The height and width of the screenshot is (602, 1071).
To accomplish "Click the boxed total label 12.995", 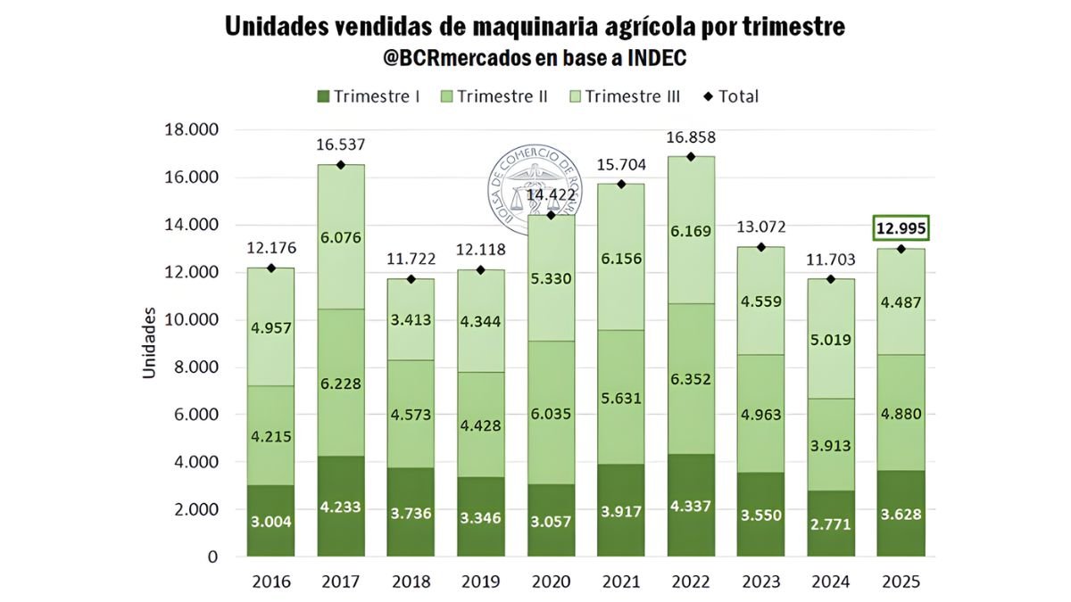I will [x=901, y=229].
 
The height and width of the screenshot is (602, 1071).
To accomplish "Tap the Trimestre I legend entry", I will [x=368, y=96].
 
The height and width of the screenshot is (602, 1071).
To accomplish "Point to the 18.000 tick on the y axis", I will [x=191, y=130].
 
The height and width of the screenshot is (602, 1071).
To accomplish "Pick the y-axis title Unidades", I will [x=149, y=343].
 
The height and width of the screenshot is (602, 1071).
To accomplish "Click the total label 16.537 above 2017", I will [x=341, y=144].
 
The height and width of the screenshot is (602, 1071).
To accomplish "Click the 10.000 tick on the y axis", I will [x=191, y=320].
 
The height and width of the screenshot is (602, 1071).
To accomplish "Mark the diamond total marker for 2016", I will [x=271, y=268].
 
